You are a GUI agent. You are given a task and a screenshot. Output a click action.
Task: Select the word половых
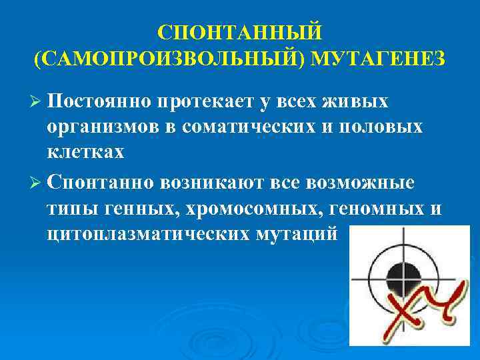[385, 127]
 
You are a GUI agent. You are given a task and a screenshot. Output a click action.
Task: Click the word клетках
[85, 152]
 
